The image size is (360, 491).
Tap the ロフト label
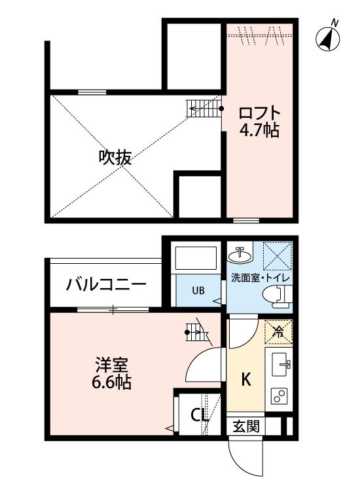pos(259,113)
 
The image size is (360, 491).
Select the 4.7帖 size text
pos(259,130)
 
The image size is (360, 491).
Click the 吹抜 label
pos(115,157)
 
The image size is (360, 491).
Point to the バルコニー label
pos(106,285)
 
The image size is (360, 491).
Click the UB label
pos(198,291)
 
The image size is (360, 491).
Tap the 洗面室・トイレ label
pos(260,278)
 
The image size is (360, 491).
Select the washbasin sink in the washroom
pos(240,255)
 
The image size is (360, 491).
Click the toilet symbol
pos(277,296)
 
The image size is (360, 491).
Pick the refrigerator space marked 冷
pos(278,332)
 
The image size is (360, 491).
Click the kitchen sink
pos(279,364)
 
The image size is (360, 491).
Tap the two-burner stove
pos(279,395)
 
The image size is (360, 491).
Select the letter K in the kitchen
pos(246,380)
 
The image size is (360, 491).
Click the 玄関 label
pos(246,426)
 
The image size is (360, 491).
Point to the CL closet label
pos(200,416)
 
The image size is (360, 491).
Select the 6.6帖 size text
pos(111,382)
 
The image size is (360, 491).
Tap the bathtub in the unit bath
pos(196,258)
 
